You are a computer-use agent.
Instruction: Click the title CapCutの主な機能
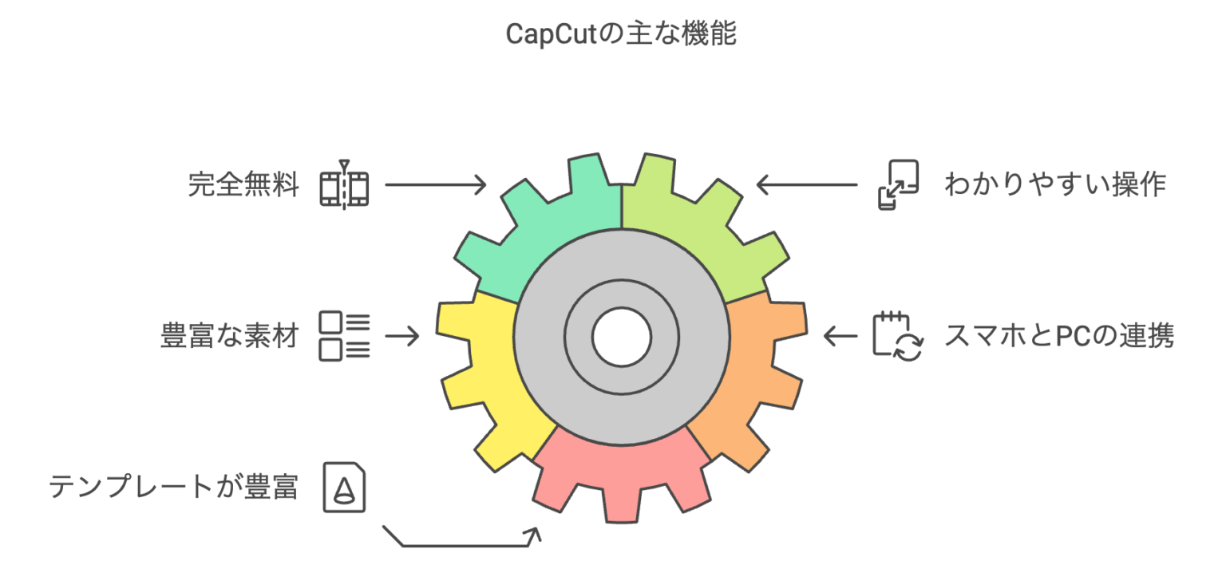(621, 34)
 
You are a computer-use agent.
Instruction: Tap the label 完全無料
(243, 184)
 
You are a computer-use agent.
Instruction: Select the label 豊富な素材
(229, 336)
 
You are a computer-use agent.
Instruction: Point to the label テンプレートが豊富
(173, 487)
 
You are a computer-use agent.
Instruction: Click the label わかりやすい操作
(1055, 184)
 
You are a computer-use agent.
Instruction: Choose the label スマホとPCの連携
(1059, 336)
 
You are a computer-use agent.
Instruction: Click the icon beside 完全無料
(344, 185)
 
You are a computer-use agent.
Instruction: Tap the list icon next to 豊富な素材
(344, 336)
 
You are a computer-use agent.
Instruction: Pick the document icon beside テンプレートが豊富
(344, 488)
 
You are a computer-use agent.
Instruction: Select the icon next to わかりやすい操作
(898, 185)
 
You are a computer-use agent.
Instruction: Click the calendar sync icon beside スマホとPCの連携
(898, 336)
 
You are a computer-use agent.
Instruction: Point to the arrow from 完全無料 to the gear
(436, 184)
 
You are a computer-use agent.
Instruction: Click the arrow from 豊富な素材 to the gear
(402, 336)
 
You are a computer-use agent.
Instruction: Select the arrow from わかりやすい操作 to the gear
(807, 184)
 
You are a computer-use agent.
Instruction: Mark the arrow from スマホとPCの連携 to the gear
(840, 336)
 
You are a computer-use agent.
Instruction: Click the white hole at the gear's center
(621, 338)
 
